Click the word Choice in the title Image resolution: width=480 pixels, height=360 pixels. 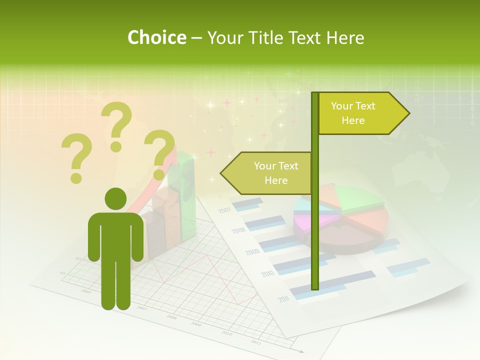[156, 38]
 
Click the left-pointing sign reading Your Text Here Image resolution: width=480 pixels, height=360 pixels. [270, 173]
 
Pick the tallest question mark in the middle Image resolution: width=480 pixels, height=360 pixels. [116, 125]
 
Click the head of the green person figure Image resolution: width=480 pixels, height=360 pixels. [115, 198]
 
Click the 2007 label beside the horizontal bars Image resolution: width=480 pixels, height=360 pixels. [224, 210]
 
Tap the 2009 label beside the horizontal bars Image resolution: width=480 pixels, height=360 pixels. [252, 252]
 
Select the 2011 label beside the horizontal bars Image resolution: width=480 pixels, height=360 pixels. [284, 299]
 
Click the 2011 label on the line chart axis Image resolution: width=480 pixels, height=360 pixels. [255, 342]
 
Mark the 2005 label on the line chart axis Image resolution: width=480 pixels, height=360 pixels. [86, 291]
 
